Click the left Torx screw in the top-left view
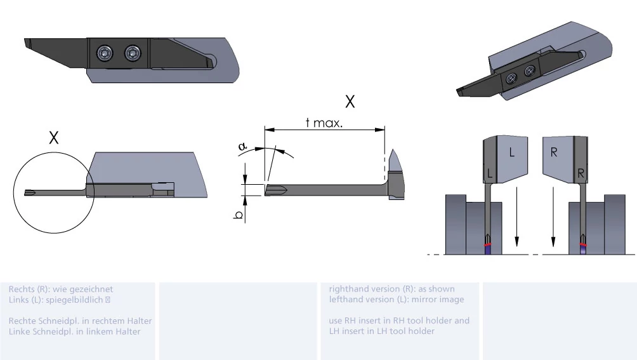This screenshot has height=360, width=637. (105, 53)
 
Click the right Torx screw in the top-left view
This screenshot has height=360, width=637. (133, 53)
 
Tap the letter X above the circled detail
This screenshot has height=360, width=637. (54, 138)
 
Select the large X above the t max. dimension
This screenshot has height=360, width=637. (350, 101)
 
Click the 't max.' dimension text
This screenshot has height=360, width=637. (324, 123)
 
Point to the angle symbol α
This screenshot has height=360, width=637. (242, 146)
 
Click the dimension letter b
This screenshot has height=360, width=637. (239, 215)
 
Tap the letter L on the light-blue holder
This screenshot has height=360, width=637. (512, 152)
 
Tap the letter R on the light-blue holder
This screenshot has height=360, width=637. (554, 152)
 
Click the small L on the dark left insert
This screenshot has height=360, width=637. (490, 173)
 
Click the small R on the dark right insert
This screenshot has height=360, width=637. (581, 173)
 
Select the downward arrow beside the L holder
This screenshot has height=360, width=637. (516, 217)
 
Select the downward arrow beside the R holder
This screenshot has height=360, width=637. (553, 217)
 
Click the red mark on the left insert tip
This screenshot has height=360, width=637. (488, 244)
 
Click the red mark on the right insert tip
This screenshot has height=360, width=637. (583, 244)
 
